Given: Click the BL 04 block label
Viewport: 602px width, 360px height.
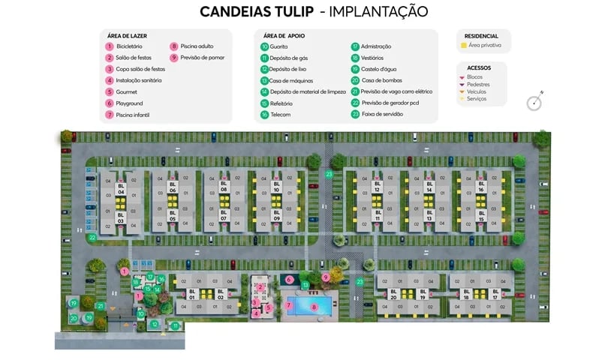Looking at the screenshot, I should coord(120,189).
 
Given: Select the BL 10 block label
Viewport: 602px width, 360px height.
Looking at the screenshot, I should coord(276,187).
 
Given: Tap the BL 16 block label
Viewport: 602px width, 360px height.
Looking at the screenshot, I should coord(480,187).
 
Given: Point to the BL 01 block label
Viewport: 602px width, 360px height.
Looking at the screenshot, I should coord(191,295).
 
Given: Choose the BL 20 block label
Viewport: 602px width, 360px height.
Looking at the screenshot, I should coord(393,295).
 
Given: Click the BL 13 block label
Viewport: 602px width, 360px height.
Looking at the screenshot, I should coord(429,215).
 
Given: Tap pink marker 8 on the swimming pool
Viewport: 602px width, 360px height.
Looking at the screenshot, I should coord(314,306).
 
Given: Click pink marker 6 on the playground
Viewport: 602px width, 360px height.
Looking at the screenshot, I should coord(290,280).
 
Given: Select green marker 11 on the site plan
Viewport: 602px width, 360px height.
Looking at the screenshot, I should coord(174,325).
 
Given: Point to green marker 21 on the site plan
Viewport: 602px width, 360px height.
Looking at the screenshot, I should coord(101,306).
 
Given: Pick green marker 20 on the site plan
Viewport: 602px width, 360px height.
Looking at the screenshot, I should coord(74,318).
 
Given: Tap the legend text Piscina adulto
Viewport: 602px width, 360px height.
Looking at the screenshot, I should coord(197,46).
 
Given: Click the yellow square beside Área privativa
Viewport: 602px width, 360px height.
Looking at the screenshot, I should coord(463,46).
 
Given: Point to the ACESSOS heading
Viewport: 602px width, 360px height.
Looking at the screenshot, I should coord(478,67).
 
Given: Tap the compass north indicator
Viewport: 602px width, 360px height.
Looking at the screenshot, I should coord(534,102).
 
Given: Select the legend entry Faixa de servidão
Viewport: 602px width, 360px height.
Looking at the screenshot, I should coord(382,114).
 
